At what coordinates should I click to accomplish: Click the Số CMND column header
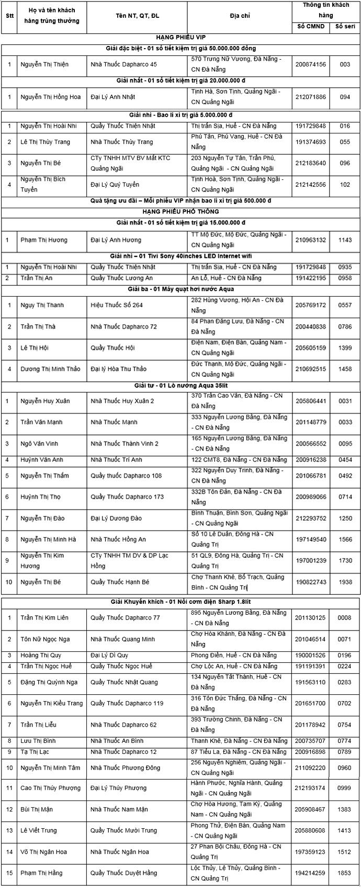[311, 27]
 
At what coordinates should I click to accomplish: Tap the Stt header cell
[9, 16]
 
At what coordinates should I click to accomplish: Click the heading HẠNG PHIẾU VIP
[180, 38]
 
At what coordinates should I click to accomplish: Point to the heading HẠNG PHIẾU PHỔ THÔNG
[180, 211]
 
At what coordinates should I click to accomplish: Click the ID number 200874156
[310, 64]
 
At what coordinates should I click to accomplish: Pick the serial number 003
[345, 64]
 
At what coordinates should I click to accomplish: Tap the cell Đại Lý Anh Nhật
[112, 97]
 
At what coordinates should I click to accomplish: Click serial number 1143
[345, 240]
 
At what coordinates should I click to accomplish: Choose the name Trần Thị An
[37, 278]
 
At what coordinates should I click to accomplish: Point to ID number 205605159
[310, 348]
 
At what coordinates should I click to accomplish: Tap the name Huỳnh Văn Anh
[42, 460]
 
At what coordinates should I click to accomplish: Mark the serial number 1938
[345, 582]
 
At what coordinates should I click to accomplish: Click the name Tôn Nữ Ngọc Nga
[45, 639]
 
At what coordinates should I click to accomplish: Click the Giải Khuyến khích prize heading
[180, 602]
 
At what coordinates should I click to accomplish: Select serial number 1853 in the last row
[345, 873]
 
